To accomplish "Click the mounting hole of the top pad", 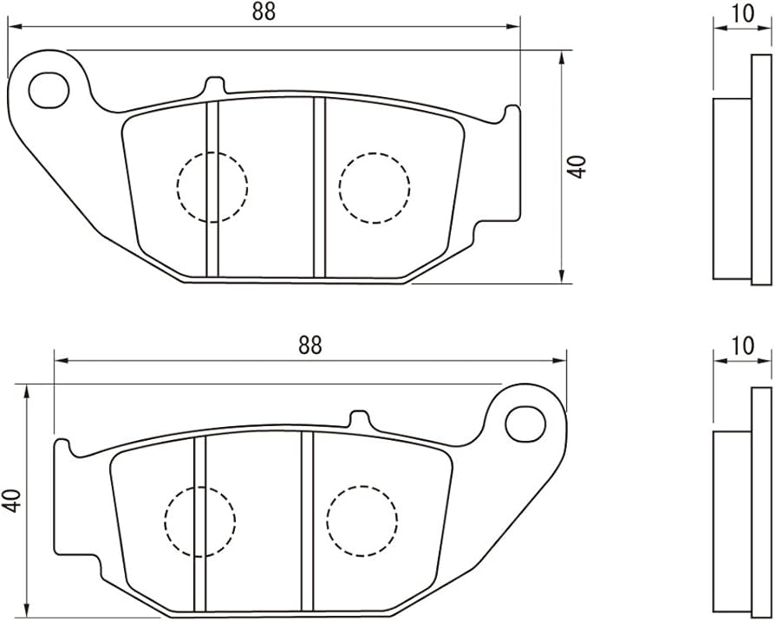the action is [49, 89].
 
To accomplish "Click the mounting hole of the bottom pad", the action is [526, 423].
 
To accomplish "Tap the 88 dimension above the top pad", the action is [264, 12].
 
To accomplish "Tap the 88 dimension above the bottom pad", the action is [309, 346].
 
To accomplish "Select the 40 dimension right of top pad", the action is [576, 167].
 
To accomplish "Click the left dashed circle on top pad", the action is [212, 187].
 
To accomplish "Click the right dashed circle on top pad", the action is [374, 188].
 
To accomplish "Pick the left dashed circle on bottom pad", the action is [200, 521].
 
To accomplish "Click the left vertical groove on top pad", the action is [212, 189].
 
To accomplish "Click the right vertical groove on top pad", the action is [320, 188].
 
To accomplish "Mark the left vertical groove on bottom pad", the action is [199, 523].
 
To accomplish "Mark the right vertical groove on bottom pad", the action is [308, 521].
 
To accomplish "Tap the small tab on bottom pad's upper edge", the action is [360, 418].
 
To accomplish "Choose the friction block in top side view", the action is [732, 189].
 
